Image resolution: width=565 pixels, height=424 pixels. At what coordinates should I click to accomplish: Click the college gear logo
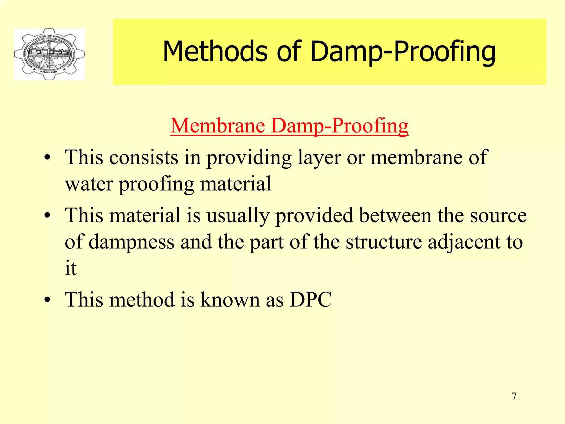point(49,54)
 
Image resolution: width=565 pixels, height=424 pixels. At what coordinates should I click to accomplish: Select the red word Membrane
point(218,126)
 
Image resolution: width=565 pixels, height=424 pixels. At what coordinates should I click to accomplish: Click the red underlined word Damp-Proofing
point(340,126)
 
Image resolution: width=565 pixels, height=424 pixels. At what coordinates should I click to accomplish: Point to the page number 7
point(514,396)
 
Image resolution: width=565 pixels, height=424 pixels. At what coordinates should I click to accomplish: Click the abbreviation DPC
point(311,300)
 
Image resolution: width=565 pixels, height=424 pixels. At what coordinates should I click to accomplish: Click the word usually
point(238,216)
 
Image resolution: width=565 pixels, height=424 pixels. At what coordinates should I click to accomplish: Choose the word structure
point(384,242)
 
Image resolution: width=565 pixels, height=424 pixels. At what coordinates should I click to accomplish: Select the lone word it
point(71,268)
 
